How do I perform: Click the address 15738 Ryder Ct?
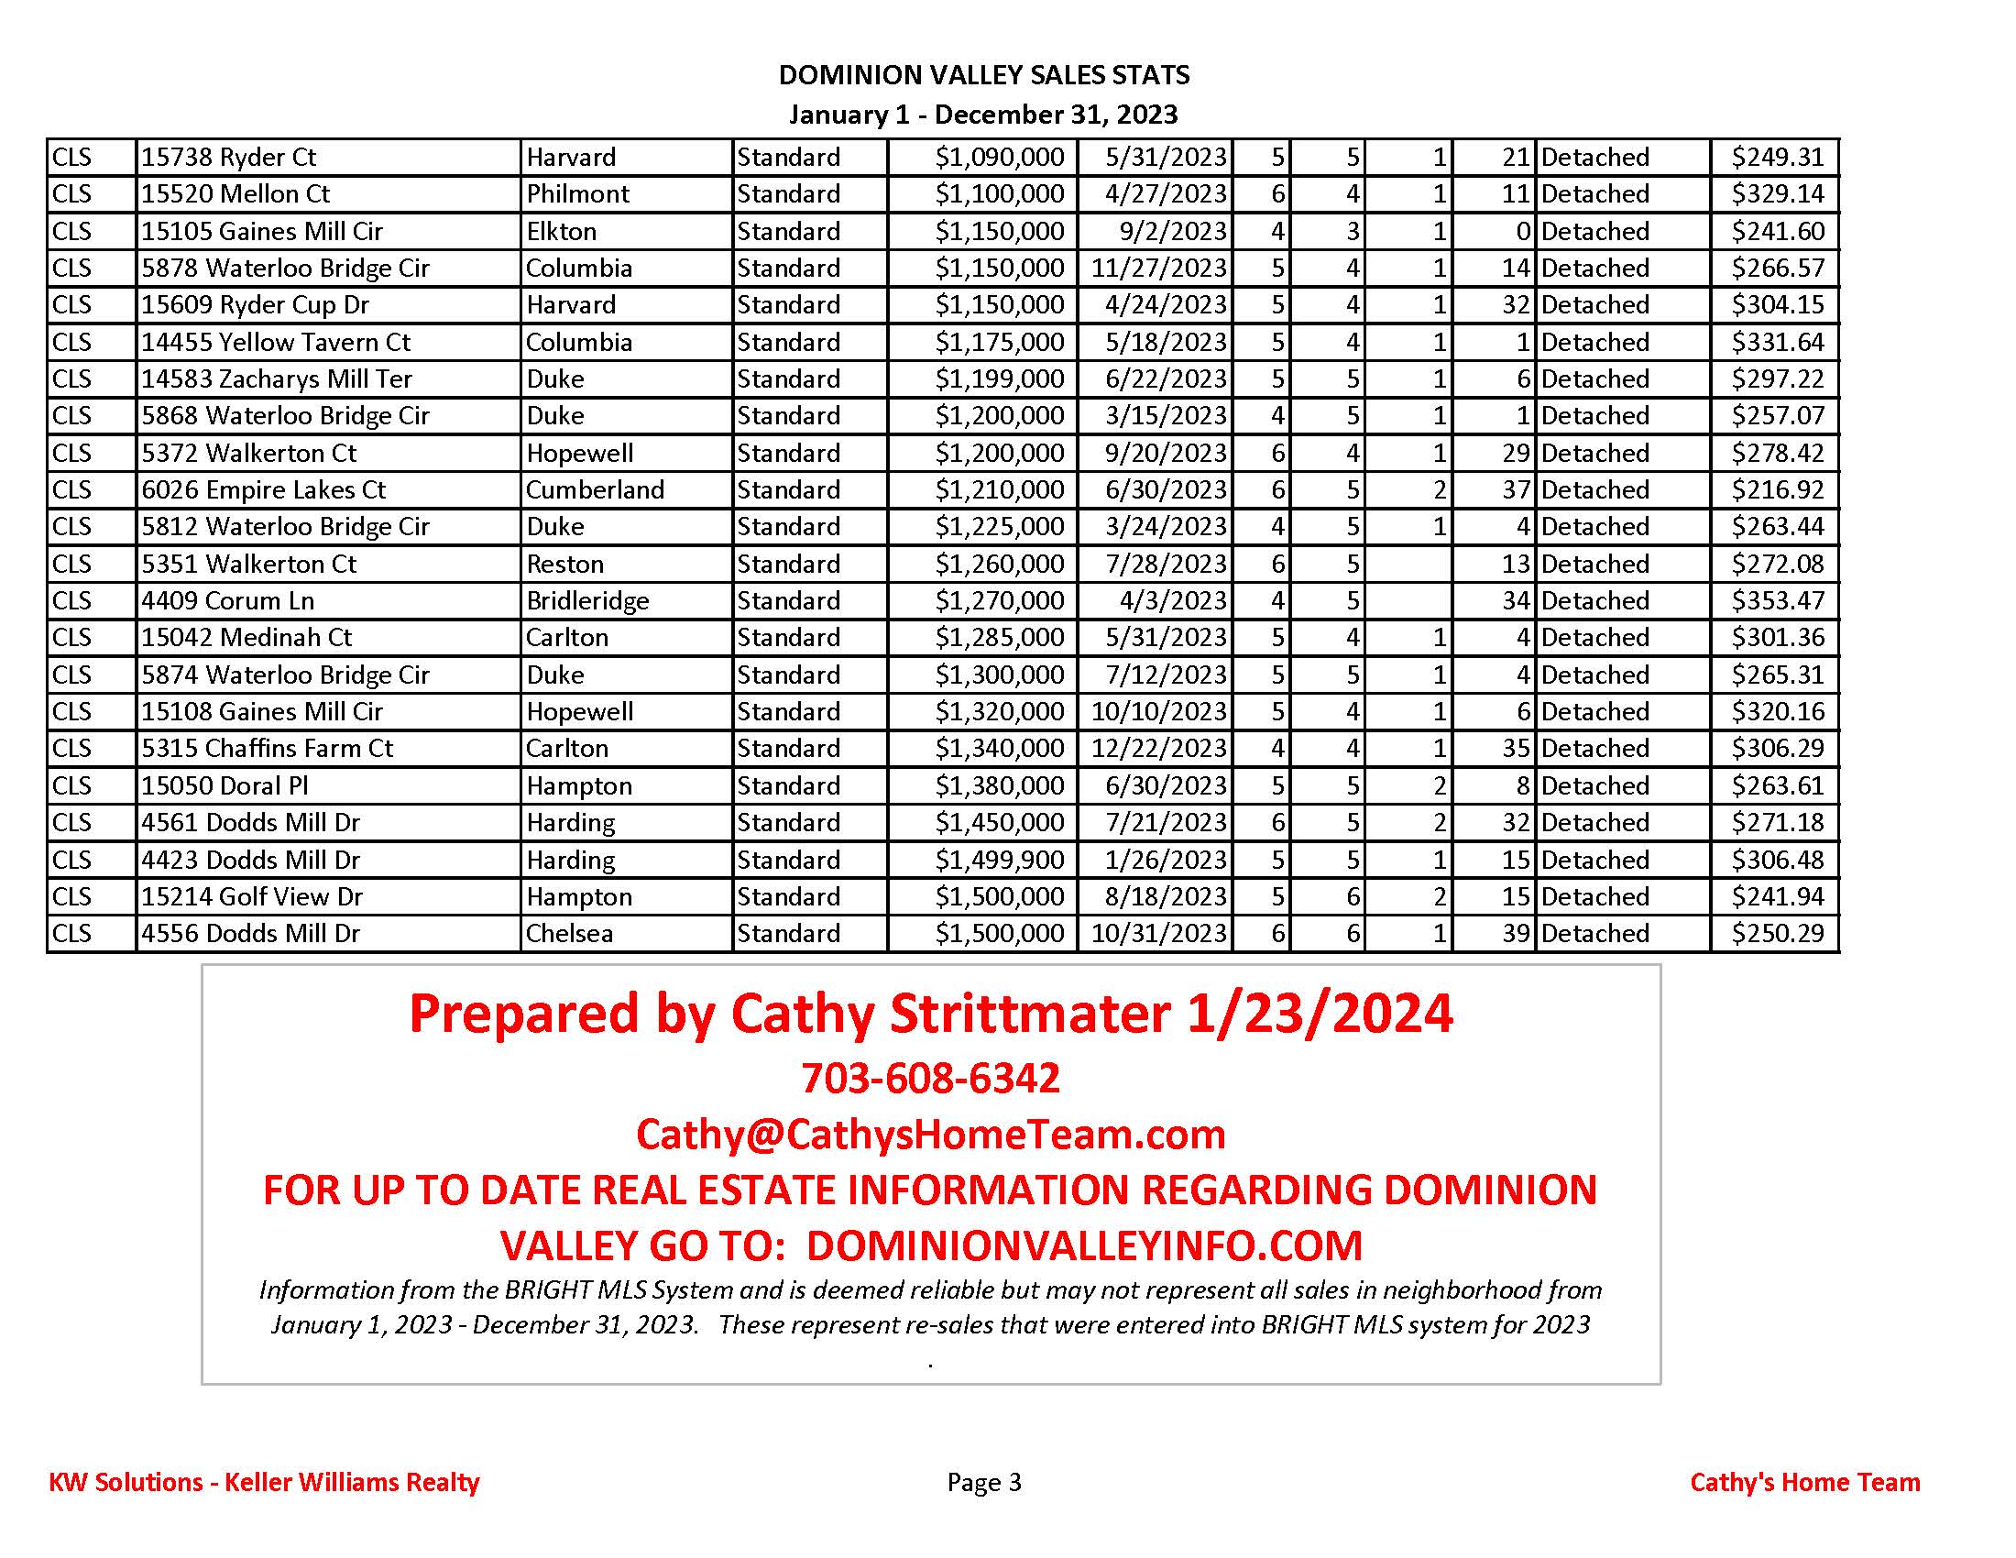tap(228, 157)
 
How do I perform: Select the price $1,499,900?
tap(1000, 860)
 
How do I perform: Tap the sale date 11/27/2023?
tap(1158, 268)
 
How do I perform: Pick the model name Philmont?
tap(578, 193)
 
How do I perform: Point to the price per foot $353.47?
tap(1777, 601)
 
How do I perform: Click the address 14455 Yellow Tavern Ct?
tap(275, 343)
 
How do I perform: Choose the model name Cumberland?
tap(595, 490)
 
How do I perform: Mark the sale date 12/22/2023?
tap(1158, 749)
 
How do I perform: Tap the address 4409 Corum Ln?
tap(227, 601)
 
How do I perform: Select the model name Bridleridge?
tap(587, 601)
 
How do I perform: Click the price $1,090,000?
tap(1000, 157)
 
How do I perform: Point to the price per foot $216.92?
tap(1777, 490)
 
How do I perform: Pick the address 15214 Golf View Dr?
tap(251, 896)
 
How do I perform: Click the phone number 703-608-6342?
tap(930, 1078)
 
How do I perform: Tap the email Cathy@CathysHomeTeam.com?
tap(930, 1134)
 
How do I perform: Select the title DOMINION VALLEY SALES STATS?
tap(984, 75)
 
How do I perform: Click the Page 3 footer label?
tap(984, 1482)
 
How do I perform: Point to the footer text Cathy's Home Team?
tap(1804, 1482)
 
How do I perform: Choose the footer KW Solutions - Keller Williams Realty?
tap(264, 1482)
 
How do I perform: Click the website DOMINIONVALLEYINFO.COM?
tap(1085, 1245)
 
